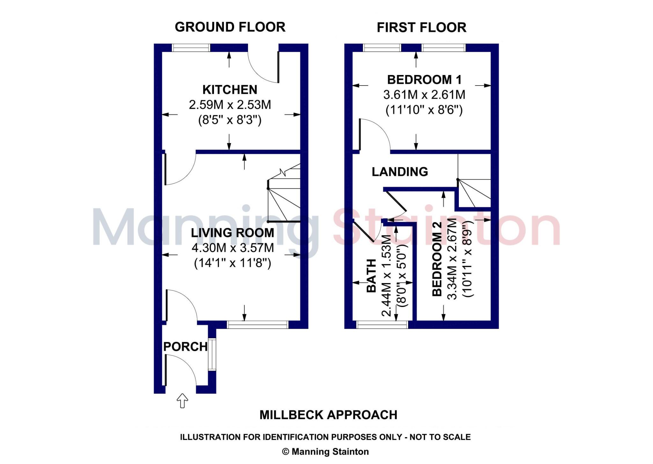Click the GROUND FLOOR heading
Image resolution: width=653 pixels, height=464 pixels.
click(230, 27)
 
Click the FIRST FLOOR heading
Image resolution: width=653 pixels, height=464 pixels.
click(421, 27)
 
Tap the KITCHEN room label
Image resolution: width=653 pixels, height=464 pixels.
click(230, 90)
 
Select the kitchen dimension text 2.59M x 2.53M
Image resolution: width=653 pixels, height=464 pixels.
click(230, 105)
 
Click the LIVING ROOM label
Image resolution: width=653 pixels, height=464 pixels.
click(232, 233)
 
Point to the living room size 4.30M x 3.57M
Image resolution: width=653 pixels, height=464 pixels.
click(233, 248)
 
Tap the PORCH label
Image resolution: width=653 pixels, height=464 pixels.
click(185, 347)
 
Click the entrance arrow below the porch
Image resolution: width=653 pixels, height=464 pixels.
click(182, 401)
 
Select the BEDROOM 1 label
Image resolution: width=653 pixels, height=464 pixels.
click(424, 80)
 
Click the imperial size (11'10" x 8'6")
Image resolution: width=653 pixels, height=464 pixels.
click(424, 110)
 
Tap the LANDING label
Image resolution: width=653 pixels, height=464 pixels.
click(400, 172)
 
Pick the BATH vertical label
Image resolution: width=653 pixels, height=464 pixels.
click(371, 276)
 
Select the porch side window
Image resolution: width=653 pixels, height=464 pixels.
click(212, 355)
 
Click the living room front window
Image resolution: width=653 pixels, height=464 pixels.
click(258, 325)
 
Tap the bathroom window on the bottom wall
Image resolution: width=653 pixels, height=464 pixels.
click(382, 325)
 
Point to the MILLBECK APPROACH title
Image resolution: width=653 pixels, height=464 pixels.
click(328, 415)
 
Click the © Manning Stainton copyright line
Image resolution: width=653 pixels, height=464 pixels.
click(325, 452)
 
